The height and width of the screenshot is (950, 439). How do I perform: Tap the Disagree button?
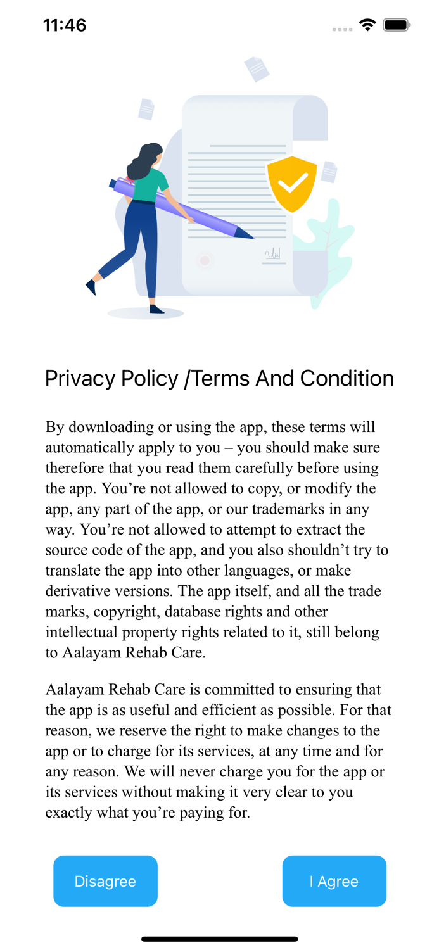(x=105, y=881)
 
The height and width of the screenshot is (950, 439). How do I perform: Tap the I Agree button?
(x=334, y=881)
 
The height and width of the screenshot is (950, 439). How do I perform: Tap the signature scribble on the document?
(x=273, y=254)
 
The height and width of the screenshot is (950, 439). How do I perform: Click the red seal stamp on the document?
(x=204, y=260)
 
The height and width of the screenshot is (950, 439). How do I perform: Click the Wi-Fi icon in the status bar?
(x=367, y=25)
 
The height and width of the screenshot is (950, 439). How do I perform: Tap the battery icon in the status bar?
(x=397, y=25)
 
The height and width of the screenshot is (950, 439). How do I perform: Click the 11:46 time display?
(x=65, y=25)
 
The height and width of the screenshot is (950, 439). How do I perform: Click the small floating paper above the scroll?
(x=257, y=68)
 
